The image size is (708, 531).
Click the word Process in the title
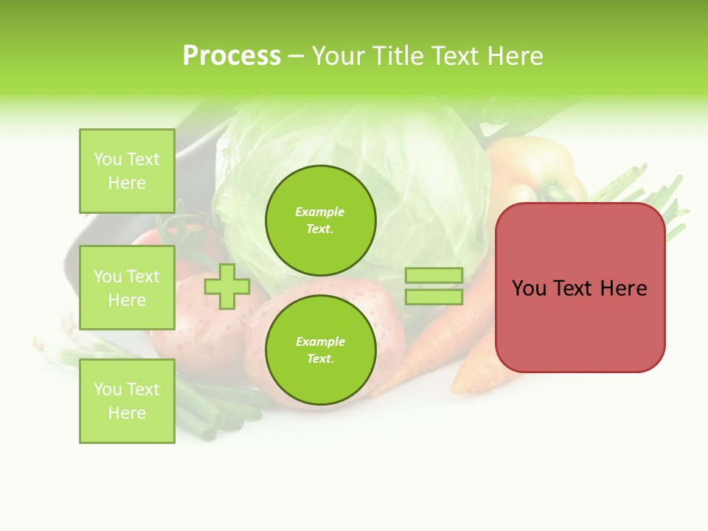(232, 56)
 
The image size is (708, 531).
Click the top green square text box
(127, 171)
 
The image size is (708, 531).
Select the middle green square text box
(127, 288)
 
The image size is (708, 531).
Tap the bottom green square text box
(127, 401)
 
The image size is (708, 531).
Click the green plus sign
(227, 286)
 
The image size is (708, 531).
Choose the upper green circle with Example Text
(320, 221)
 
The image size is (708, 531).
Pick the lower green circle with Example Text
(320, 350)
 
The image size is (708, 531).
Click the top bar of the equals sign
(434, 275)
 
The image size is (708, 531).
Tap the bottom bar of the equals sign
(434, 297)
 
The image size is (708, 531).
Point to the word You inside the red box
(529, 288)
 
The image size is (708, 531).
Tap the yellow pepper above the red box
(531, 170)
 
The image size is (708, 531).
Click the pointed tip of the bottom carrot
(456, 389)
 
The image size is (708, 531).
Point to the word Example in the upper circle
(319, 212)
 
